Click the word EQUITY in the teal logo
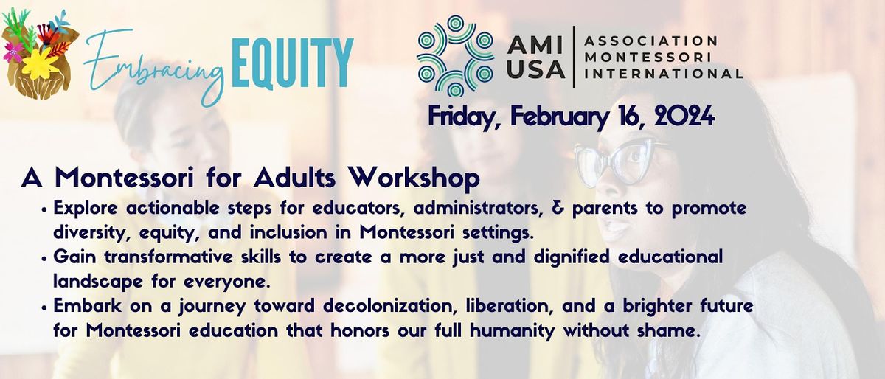[291, 62]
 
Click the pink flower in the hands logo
[13, 52]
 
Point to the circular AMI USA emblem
[456, 56]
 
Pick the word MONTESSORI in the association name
[648, 58]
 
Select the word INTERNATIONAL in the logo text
[663, 74]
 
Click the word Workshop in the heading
[414, 178]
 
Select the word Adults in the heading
[294, 178]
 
